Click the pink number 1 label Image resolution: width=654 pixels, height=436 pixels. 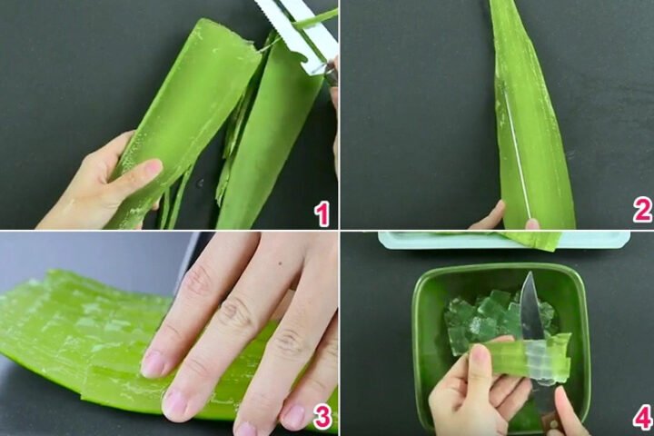(x=321, y=213)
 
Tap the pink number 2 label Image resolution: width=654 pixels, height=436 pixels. (x=642, y=211)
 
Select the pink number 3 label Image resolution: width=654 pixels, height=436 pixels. (x=321, y=417)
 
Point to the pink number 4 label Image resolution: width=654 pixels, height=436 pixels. (x=642, y=417)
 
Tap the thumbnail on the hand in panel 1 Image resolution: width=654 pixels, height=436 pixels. (x=150, y=168)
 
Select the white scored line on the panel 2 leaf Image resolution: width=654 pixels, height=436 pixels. (x=516, y=154)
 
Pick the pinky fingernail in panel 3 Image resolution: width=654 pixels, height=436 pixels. (x=292, y=416)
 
